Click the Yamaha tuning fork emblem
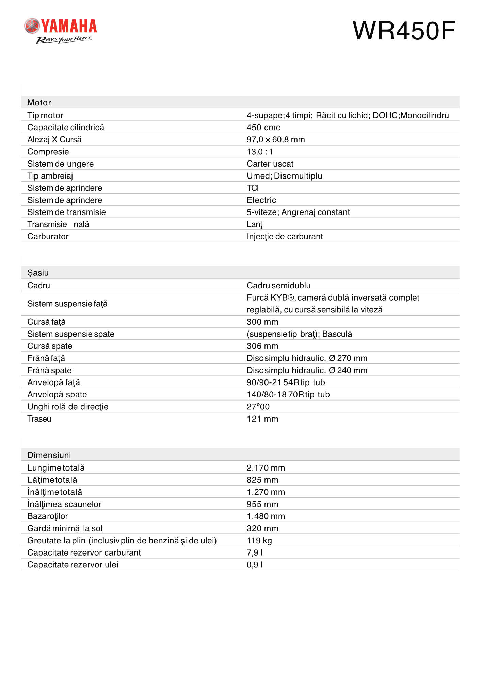[32, 26]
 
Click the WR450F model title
[404, 31]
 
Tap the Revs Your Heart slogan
[63, 40]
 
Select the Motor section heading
[39, 103]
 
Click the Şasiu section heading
[38, 273]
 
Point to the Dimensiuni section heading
[49, 455]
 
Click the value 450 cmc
[263, 128]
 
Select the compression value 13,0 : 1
[259, 152]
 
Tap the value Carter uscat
[270, 164]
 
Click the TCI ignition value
[253, 188]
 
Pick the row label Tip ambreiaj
[50, 176]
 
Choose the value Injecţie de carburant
[285, 237]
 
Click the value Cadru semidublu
[278, 286]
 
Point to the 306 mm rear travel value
[262, 346]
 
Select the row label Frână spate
[49, 371]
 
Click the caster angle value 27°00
[258, 407]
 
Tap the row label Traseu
[39, 419]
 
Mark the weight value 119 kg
[259, 541]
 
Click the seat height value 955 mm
[262, 504]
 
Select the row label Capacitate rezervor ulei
[73, 565]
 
